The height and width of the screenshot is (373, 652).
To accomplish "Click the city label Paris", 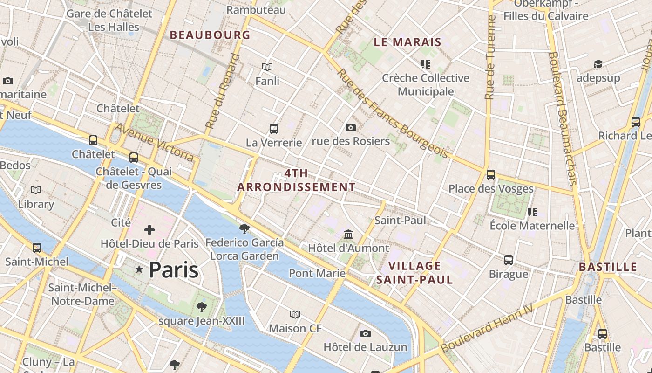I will (x=174, y=270).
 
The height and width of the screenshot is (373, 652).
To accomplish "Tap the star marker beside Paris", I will (x=139, y=269).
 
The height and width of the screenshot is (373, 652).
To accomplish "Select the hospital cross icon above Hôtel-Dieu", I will (x=149, y=230).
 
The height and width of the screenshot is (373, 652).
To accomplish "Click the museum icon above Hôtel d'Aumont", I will (x=348, y=234).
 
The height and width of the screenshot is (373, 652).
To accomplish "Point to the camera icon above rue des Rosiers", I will (x=351, y=127).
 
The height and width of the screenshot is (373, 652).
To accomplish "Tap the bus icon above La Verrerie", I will (x=274, y=129).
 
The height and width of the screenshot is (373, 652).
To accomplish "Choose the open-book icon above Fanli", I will (x=267, y=67).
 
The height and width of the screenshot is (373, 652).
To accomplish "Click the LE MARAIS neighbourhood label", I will (x=407, y=42).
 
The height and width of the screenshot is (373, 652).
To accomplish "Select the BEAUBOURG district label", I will (x=210, y=35).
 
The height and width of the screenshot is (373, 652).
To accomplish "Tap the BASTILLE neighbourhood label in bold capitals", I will (x=608, y=267).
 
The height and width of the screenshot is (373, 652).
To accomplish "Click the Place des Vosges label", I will (x=491, y=189).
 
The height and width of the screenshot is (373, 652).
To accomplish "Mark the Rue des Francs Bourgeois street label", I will (x=393, y=114).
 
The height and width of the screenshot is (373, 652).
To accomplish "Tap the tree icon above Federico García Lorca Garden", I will (x=244, y=228).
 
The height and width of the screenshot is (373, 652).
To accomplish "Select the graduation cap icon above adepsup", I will (x=598, y=64).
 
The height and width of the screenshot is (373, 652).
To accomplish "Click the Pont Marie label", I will (x=317, y=273).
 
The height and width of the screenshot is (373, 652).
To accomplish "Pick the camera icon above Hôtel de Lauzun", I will (x=366, y=333).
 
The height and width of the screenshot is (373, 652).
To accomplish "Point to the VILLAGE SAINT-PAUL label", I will (x=414, y=273).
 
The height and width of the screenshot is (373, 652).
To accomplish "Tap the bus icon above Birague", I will (x=509, y=260).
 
